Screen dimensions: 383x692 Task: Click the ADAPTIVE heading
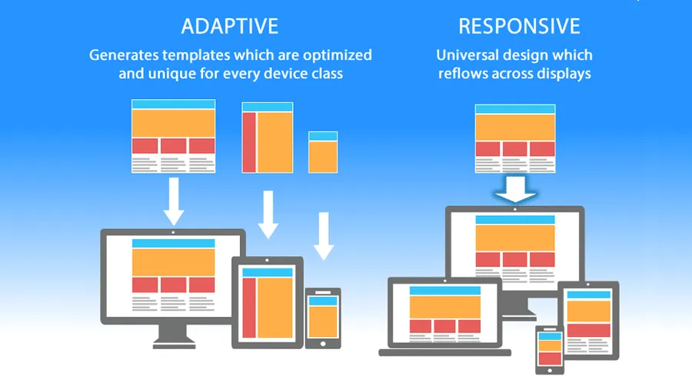pyautogui.click(x=230, y=26)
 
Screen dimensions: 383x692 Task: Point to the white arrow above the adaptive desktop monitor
pyautogui.click(x=173, y=201)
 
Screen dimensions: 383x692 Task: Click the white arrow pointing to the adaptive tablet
pyautogui.click(x=268, y=215)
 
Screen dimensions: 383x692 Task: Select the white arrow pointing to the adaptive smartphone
pyautogui.click(x=324, y=236)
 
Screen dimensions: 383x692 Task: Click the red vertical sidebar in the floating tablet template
pyautogui.click(x=249, y=142)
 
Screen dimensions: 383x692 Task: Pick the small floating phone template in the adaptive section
pyautogui.click(x=323, y=152)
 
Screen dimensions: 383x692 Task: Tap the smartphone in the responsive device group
pyautogui.click(x=549, y=350)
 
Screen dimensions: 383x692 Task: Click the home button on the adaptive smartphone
pyautogui.click(x=323, y=343)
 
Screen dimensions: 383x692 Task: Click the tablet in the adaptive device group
pyautogui.click(x=268, y=300)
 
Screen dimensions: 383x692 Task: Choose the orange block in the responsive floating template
pyautogui.click(x=515, y=127)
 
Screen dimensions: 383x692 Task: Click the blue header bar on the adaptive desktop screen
pyautogui.click(x=173, y=243)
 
